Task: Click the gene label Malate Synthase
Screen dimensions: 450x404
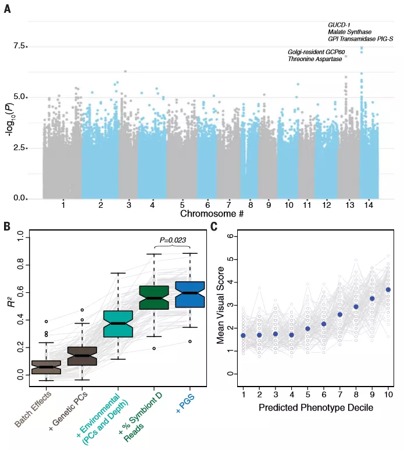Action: click(x=349, y=31)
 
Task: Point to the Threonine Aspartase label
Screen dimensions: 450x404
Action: click(x=314, y=59)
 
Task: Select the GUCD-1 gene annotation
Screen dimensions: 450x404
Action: click(x=339, y=24)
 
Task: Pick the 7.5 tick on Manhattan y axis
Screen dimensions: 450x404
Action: click(x=20, y=46)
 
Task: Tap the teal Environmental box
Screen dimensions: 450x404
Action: click(x=118, y=324)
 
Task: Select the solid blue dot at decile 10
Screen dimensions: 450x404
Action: click(x=388, y=289)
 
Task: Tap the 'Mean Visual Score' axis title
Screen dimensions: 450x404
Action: click(x=221, y=302)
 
